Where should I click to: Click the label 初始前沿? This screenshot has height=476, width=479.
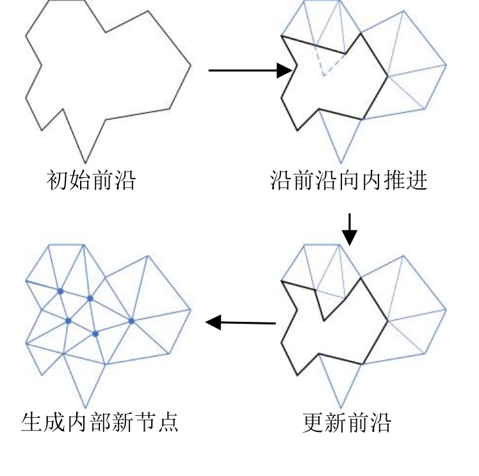coord(91,181)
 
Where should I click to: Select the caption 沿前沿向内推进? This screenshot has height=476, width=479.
coord(348,181)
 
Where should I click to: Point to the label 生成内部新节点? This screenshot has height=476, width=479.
coord(99,423)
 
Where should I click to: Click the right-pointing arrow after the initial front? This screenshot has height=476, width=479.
coord(250,70)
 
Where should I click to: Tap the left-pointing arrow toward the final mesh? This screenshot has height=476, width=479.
coord(241,322)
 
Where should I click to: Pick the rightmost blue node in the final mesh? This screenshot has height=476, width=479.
coord(131,321)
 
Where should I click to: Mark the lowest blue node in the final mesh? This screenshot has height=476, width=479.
coord(95,333)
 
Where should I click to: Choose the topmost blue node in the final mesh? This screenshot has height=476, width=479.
coord(60,291)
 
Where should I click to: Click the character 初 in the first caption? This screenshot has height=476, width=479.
coord(58,181)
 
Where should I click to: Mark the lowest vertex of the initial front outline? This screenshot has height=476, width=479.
coord(85,163)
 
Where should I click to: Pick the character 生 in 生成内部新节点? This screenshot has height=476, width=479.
coord(32,423)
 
